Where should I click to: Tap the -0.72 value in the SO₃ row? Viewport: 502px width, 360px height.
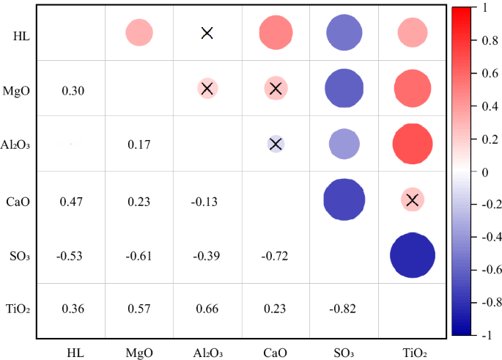(275, 255)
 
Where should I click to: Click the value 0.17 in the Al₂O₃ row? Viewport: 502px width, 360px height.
(139, 144)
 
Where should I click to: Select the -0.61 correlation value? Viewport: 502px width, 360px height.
(139, 255)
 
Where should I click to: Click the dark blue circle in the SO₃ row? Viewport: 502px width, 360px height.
(412, 255)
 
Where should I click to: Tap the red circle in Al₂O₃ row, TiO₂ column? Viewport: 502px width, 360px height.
(412, 144)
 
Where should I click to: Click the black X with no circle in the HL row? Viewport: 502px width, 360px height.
(207, 33)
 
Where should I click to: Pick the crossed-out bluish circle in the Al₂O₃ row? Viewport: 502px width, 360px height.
(276, 144)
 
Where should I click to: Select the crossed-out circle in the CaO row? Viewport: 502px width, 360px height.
(412, 199)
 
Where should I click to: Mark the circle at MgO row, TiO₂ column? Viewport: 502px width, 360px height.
(412, 89)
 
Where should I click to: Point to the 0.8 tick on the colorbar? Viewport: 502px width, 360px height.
(476, 40)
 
